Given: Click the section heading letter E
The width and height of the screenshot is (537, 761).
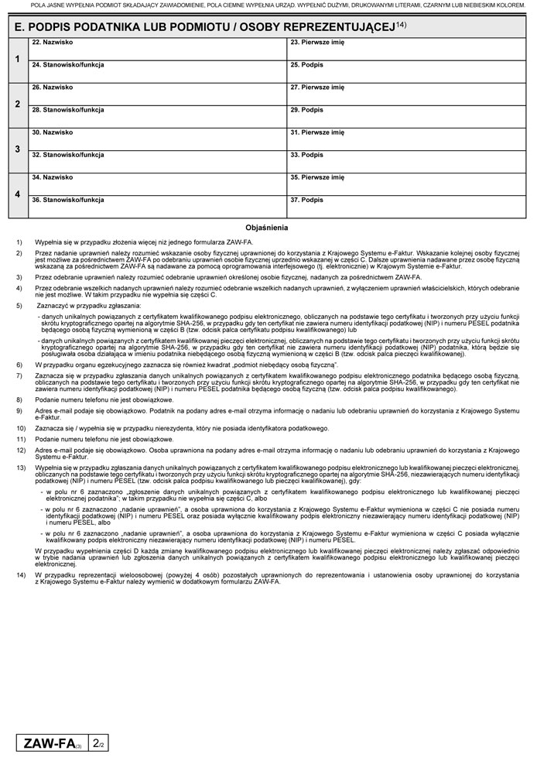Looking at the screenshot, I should pyautogui.click(x=19, y=26).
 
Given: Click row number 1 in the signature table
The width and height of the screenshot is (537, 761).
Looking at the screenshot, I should pyautogui.click(x=17, y=60).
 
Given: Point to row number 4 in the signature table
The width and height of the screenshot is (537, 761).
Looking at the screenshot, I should pyautogui.click(x=17, y=194).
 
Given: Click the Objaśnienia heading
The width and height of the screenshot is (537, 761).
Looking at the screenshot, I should pyautogui.click(x=267, y=228).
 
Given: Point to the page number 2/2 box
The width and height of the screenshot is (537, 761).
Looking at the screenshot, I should pyautogui.click(x=98, y=744).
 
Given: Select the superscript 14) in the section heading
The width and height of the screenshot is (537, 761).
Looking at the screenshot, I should pyautogui.click(x=401, y=24).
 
